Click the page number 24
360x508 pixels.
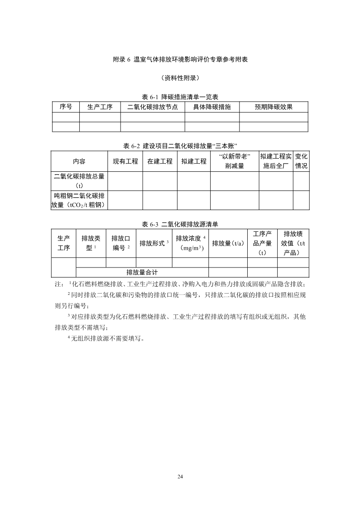[180, 477]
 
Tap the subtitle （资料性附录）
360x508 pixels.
[180, 78]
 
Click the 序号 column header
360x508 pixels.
[66, 107]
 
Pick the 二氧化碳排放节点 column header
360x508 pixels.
[152, 107]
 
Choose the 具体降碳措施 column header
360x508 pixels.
[212, 107]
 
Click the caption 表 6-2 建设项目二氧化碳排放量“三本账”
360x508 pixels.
[180, 145]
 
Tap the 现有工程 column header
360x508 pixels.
[125, 161]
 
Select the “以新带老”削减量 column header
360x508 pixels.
[235, 161]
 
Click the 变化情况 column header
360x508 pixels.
[301, 161]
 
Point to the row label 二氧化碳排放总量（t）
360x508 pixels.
[79, 181]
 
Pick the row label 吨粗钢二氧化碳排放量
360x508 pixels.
[79, 200]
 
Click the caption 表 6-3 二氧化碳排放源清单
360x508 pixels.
[180, 224]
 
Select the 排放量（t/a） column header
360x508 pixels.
[228, 244]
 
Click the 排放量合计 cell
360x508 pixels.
[142, 272]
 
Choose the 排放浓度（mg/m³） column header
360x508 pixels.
[190, 243]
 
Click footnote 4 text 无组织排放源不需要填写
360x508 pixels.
[106, 338]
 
